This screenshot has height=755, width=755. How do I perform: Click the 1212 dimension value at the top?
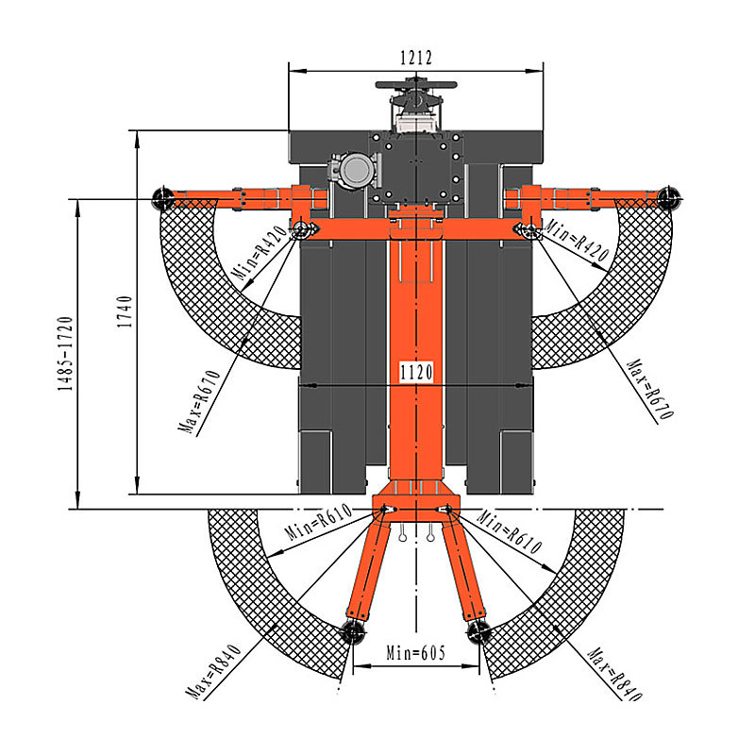point(416,58)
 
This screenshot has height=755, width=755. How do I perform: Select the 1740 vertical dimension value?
point(125,312)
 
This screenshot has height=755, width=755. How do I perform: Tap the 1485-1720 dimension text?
point(65,353)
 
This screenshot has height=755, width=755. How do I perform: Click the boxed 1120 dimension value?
point(416,372)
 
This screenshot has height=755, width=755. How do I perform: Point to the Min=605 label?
point(416,653)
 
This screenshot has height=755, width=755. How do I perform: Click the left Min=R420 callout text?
point(259,253)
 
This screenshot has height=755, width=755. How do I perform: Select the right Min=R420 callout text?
point(576,239)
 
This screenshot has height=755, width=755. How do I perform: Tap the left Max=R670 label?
point(199,402)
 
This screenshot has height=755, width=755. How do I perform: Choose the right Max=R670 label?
point(650,389)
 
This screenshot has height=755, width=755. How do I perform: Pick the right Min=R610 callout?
point(510,531)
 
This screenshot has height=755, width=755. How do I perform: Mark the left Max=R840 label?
point(214,672)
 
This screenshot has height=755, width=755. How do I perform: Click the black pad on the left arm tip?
point(163,198)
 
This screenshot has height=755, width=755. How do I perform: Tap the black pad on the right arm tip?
point(669,197)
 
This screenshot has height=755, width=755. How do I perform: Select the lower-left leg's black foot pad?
point(353,631)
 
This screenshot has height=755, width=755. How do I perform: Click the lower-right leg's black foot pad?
point(478,631)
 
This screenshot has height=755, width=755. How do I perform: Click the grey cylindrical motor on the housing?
point(355,170)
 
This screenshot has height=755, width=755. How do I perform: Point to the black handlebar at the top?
point(416,85)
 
